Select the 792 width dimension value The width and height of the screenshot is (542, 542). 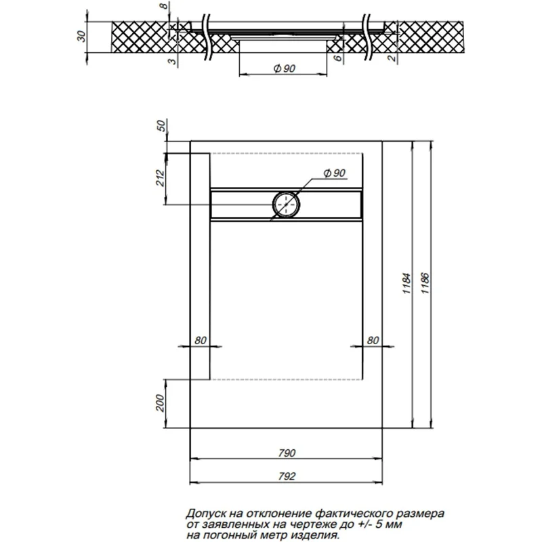[287, 476]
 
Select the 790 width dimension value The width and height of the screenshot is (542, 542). [287, 453]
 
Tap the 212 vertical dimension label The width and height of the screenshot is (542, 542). [161, 179]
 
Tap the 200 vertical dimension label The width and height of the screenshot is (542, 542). [161, 404]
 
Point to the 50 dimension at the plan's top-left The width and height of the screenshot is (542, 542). [161, 126]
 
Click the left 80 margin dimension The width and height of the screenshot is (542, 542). [200, 340]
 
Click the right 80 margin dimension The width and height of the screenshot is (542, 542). [372, 340]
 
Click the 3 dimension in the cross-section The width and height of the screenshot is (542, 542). [173, 61]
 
